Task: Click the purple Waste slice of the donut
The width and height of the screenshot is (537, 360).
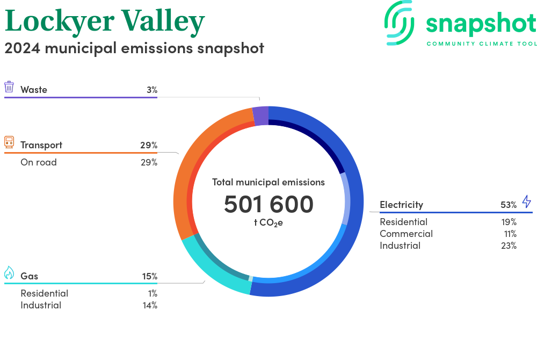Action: [x=260, y=116]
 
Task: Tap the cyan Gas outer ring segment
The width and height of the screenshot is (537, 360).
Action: [x=212, y=271]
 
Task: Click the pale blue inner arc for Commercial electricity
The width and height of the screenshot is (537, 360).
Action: [x=346, y=199]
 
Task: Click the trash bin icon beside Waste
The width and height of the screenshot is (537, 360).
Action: [x=9, y=87]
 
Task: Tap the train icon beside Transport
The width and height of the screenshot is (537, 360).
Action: [x=9, y=142]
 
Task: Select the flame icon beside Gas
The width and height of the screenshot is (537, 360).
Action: [x=9, y=272]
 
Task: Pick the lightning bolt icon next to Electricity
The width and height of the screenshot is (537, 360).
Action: [x=527, y=201]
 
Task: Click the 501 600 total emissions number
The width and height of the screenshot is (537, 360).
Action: [x=268, y=204]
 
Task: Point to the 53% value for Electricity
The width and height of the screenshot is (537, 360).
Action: [x=509, y=205]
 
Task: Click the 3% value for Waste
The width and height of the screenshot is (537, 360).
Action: [x=152, y=90]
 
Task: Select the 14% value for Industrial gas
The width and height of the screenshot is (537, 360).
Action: [x=150, y=305]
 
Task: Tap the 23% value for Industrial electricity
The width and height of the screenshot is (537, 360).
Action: [x=509, y=246]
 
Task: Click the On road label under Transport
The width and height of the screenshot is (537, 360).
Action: [x=39, y=162]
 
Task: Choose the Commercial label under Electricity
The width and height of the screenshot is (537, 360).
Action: [x=406, y=234]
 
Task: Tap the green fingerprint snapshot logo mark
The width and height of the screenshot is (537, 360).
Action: [x=399, y=23]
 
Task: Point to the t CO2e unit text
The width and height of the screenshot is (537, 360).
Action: [x=268, y=223]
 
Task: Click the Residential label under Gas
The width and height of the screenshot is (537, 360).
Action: [x=45, y=293]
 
